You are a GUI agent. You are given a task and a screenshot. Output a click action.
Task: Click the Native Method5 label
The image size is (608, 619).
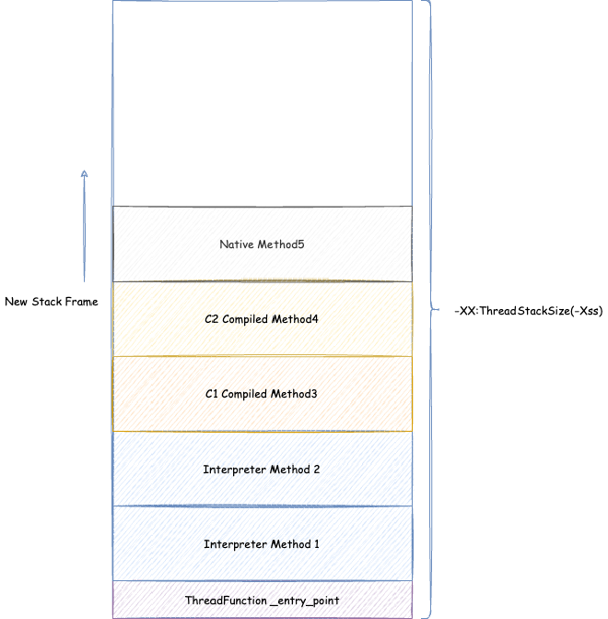pyautogui.click(x=262, y=244)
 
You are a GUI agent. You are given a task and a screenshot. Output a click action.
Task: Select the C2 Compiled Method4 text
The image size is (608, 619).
pyautogui.click(x=261, y=319)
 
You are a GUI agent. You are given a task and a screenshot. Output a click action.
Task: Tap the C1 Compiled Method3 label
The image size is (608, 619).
pyautogui.click(x=261, y=394)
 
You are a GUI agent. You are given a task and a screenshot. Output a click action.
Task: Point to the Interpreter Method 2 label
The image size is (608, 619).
pyautogui.click(x=261, y=470)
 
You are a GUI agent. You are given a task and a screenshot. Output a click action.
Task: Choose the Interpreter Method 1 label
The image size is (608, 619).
pyautogui.click(x=261, y=544)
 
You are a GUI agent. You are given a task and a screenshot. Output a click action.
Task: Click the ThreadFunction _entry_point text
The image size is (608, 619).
pyautogui.click(x=262, y=601)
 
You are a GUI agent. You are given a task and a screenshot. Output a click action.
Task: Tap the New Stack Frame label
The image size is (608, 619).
pyautogui.click(x=52, y=302)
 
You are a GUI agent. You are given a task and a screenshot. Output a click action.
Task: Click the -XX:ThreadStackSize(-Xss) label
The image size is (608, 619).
pyautogui.click(x=529, y=311)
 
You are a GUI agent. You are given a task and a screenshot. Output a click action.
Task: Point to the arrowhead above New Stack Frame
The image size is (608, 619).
pyautogui.click(x=84, y=173)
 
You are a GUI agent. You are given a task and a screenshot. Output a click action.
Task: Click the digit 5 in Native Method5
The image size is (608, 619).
pyautogui.click(x=301, y=244)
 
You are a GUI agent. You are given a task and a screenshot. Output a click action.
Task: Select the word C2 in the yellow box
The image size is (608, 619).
pyautogui.click(x=211, y=319)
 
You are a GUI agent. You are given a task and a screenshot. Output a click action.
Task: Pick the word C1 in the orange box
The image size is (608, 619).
pyautogui.click(x=211, y=394)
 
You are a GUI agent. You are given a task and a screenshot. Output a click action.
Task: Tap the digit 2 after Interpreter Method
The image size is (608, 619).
pyautogui.click(x=317, y=470)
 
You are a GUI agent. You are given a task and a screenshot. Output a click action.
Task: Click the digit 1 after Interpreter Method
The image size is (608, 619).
pyautogui.click(x=317, y=544)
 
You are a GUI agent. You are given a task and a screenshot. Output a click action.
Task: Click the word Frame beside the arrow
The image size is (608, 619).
pyautogui.click(x=82, y=302)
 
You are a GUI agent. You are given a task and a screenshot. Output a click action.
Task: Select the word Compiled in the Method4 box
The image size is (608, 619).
pyautogui.click(x=245, y=319)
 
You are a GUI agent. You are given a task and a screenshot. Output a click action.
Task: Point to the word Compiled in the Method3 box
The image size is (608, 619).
pyautogui.click(x=244, y=395)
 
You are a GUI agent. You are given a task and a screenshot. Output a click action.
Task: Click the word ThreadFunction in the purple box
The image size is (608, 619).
pyautogui.click(x=226, y=601)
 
